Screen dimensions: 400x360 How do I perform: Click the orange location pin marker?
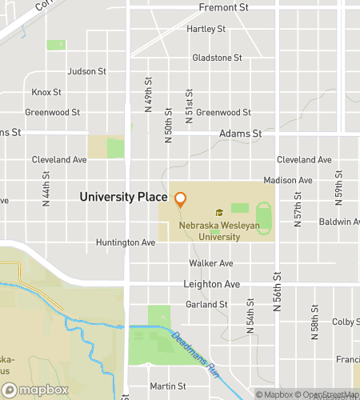181,199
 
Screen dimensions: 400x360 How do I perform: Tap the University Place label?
123,197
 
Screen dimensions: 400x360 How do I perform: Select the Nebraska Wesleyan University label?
218,231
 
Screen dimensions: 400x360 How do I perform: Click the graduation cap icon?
218,213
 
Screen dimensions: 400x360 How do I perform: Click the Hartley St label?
206,29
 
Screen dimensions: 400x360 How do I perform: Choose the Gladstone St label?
217,58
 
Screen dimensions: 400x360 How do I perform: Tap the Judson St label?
87,71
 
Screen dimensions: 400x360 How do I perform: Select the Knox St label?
46,92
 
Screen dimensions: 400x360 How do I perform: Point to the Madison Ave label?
288,181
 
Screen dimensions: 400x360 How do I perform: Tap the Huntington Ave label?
126,242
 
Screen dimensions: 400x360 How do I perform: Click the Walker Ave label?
211,263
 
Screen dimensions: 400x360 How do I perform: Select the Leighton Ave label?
211,284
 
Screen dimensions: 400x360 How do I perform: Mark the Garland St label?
206,304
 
